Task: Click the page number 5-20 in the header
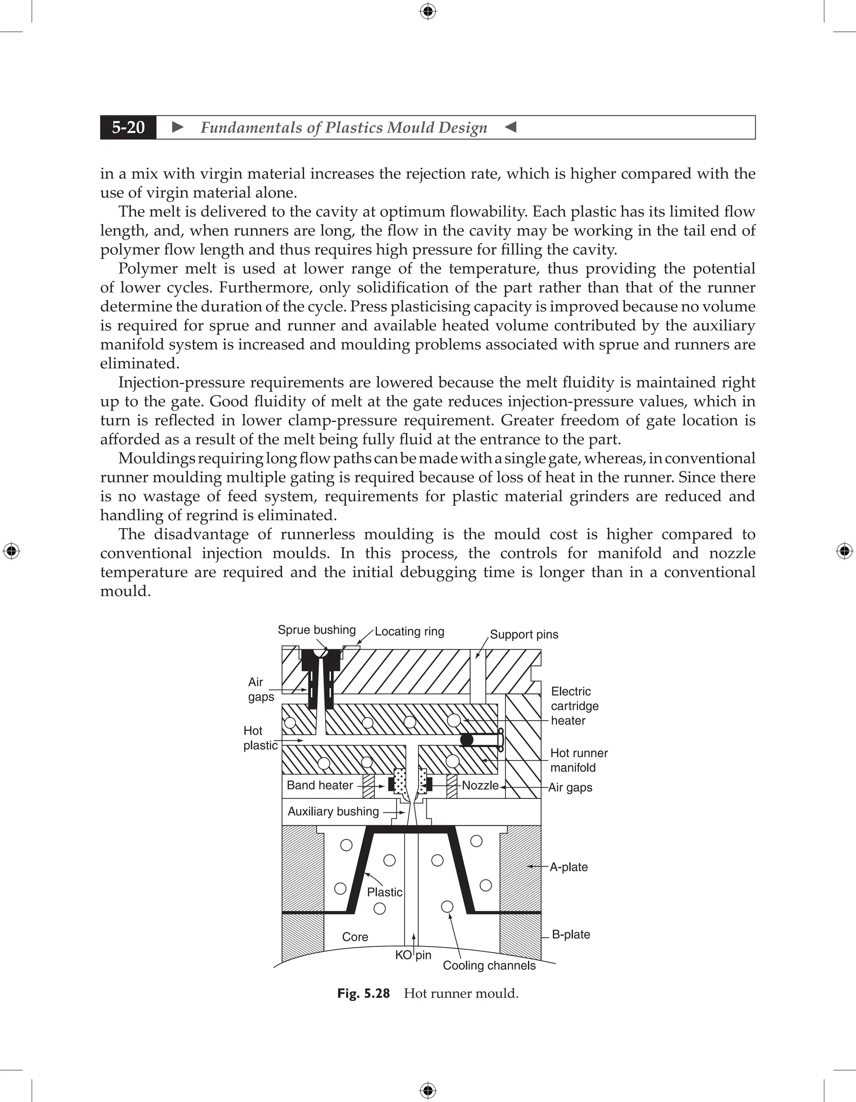128,127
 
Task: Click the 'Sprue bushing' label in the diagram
317,630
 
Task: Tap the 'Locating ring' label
409,631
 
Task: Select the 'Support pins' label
524,634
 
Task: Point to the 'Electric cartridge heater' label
575,706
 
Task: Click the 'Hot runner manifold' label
578,760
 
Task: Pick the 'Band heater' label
320,785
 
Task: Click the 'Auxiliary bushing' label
333,811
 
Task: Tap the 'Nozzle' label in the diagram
480,786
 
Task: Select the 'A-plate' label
568,867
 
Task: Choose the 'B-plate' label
571,934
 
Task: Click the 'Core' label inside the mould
355,936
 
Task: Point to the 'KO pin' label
413,955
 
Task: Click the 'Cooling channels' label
489,965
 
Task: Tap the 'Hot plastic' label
260,738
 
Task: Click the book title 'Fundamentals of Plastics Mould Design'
344,127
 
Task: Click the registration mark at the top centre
428,11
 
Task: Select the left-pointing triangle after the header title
510,127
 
